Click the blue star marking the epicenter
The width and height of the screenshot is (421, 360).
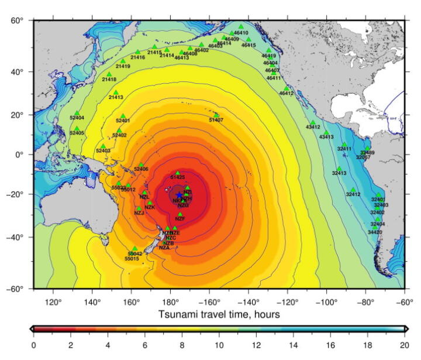[x=179, y=196]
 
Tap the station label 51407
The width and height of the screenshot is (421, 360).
[x=216, y=120]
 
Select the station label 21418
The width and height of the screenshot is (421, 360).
[x=109, y=79]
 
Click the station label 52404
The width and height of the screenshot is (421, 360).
[x=77, y=118]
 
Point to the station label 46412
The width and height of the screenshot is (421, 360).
[x=287, y=93]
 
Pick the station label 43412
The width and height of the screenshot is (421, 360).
[x=313, y=127]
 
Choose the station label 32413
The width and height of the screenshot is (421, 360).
[x=339, y=173]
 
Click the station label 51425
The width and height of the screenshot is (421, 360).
[x=178, y=177]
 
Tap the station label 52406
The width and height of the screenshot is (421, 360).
[x=141, y=169]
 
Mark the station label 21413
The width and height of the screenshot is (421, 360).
[x=116, y=97]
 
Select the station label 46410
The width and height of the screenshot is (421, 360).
[x=241, y=33]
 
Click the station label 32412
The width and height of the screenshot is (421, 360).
[x=353, y=194]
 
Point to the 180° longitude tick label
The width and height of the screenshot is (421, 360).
[x=171, y=302]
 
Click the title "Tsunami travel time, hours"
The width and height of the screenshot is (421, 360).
[x=219, y=314]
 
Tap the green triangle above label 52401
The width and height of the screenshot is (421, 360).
[x=123, y=116]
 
